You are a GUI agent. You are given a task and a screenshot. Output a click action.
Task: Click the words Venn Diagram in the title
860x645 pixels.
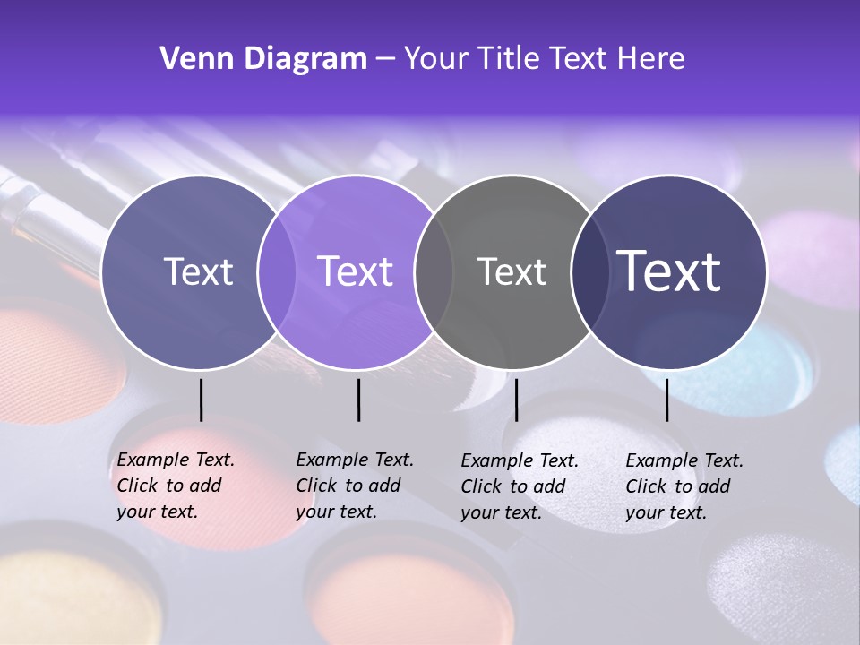pos(262,59)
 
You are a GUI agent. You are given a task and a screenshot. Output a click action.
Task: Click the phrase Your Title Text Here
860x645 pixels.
pos(544,59)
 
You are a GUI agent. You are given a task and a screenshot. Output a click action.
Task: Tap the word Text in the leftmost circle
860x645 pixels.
pos(198,272)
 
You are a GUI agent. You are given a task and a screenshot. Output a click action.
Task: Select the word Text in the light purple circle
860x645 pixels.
pos(356,272)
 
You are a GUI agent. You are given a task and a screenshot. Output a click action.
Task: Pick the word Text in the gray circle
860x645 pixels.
pos(512,272)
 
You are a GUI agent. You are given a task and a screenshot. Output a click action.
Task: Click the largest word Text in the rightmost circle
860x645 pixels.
pos(669,271)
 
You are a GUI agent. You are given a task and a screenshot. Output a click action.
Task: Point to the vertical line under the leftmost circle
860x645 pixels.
pos(201,400)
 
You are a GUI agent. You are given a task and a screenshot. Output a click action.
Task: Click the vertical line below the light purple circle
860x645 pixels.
pos(358,400)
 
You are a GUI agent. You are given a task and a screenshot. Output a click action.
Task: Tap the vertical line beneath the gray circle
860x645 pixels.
pos(516,400)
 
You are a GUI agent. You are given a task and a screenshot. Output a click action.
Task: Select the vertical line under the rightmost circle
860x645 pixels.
pos(666,400)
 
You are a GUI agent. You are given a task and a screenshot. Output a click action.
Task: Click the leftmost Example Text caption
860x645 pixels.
pos(175,486)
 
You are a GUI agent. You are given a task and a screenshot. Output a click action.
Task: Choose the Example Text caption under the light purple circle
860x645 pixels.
pos(354,486)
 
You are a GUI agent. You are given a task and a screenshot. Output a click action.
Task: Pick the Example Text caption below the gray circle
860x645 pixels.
pos(519,486)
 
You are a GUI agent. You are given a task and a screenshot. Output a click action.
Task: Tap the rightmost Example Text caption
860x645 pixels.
pos(684,486)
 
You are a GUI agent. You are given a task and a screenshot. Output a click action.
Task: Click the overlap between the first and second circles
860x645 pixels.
pos(277,272)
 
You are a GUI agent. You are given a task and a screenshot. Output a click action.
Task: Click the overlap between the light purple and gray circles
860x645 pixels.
pos(434,272)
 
